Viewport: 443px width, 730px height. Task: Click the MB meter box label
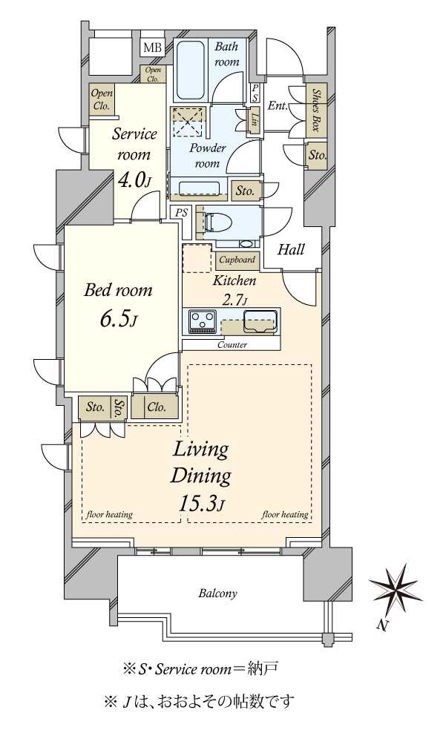coord(152,47)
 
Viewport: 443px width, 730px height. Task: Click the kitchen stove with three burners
coord(202,321)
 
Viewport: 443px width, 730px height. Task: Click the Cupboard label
coord(237,260)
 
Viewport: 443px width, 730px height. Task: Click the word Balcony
coord(218,593)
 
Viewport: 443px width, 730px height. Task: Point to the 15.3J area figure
coord(202,504)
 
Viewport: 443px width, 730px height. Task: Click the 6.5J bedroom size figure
coord(118,320)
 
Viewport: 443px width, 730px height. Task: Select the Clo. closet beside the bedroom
coord(156,407)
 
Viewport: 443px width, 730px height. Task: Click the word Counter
coord(232,345)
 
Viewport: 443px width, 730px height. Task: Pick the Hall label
coord(291,250)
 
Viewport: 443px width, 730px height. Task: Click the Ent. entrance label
coord(278,106)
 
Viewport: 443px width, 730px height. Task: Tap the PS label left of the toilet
coord(181,213)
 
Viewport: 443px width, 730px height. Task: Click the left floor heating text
coord(110,514)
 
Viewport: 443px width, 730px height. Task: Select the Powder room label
coord(207,156)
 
